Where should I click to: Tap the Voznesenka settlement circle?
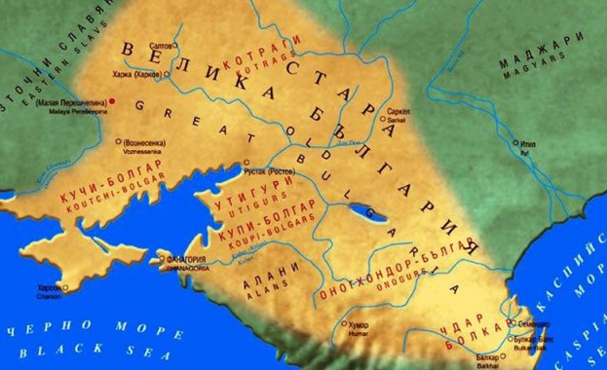coord(118,140)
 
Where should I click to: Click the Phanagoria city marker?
coord(162,258)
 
